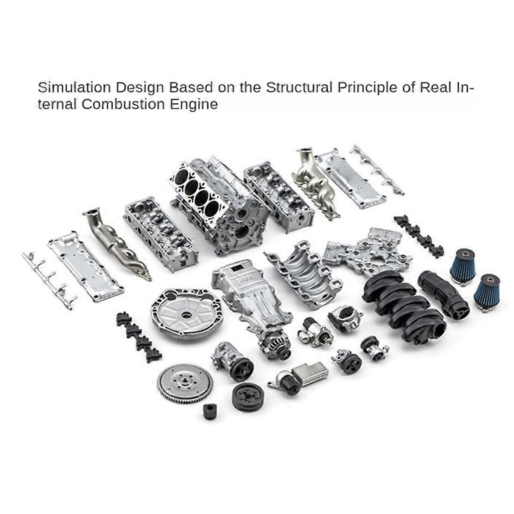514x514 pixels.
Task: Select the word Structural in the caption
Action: (x=299, y=87)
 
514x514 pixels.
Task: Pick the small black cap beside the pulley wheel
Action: (x=210, y=411)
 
